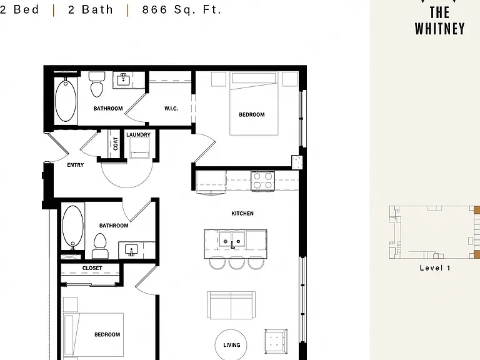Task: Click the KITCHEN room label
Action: (242, 213)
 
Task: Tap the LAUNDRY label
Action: (138, 135)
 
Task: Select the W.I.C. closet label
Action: (171, 108)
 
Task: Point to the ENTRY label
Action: (75, 165)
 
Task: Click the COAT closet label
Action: (116, 144)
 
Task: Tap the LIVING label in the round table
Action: (232, 345)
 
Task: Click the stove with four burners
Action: (262, 181)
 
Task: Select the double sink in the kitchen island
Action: (232, 239)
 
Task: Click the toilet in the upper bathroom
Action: (97, 84)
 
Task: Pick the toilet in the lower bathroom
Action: (100, 246)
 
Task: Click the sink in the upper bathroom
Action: (123, 80)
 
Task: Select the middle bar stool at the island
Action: (237, 262)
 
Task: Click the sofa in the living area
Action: (231, 305)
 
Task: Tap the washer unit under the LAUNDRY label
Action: (139, 148)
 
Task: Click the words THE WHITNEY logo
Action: (439, 21)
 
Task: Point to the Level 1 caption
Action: (435, 268)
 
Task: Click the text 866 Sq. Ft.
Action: (181, 10)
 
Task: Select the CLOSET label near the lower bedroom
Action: (92, 268)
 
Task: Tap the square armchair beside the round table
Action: (276, 341)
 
